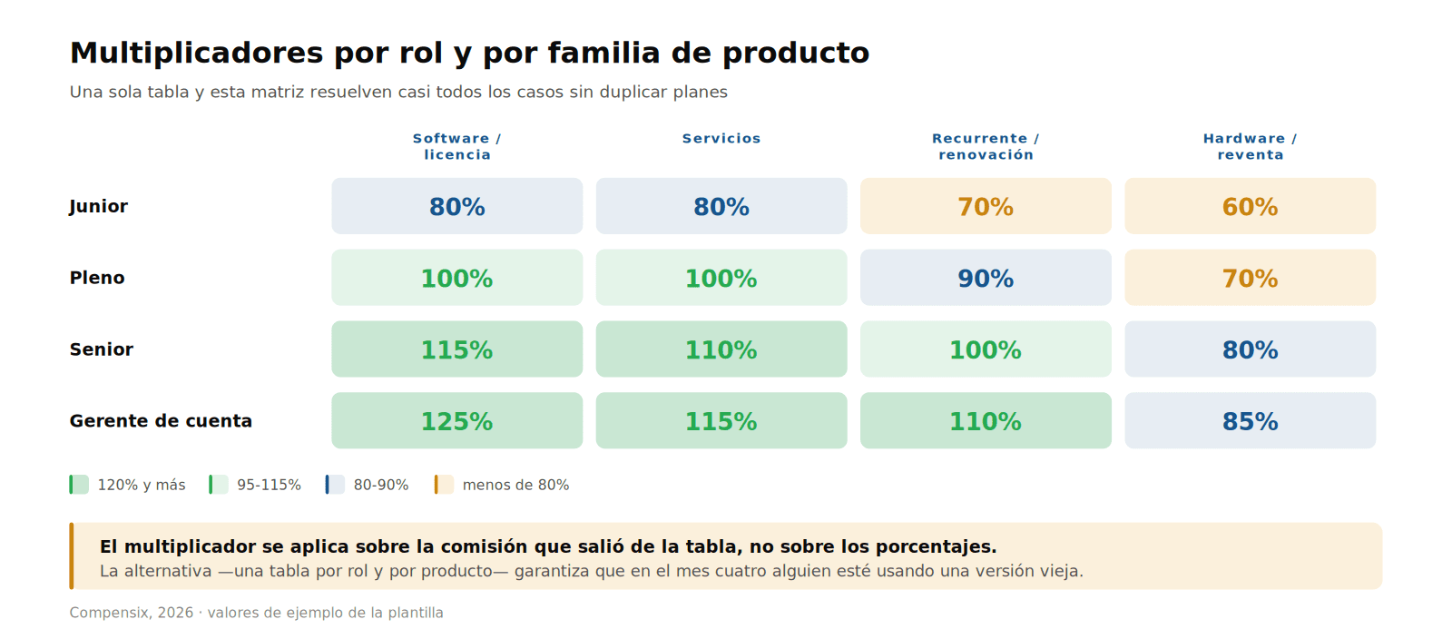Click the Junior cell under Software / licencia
(x=457, y=206)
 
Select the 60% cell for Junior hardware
(x=1250, y=206)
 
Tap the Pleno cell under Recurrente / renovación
(x=986, y=278)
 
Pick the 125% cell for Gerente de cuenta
(x=457, y=420)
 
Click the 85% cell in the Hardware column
(x=1250, y=420)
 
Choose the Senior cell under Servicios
(x=721, y=349)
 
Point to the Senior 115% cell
(x=457, y=349)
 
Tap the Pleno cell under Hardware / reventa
(x=1250, y=278)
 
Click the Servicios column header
(x=721, y=139)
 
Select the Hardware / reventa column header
(x=1250, y=146)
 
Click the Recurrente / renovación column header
(x=986, y=146)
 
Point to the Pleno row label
(x=97, y=278)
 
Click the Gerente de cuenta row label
(x=161, y=421)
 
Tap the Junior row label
(x=99, y=207)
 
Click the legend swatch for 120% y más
(x=79, y=485)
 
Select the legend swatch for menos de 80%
(x=444, y=485)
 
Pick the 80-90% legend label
(x=381, y=485)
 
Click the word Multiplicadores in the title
(x=196, y=54)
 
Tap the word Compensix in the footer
(x=110, y=613)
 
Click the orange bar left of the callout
(x=72, y=556)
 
